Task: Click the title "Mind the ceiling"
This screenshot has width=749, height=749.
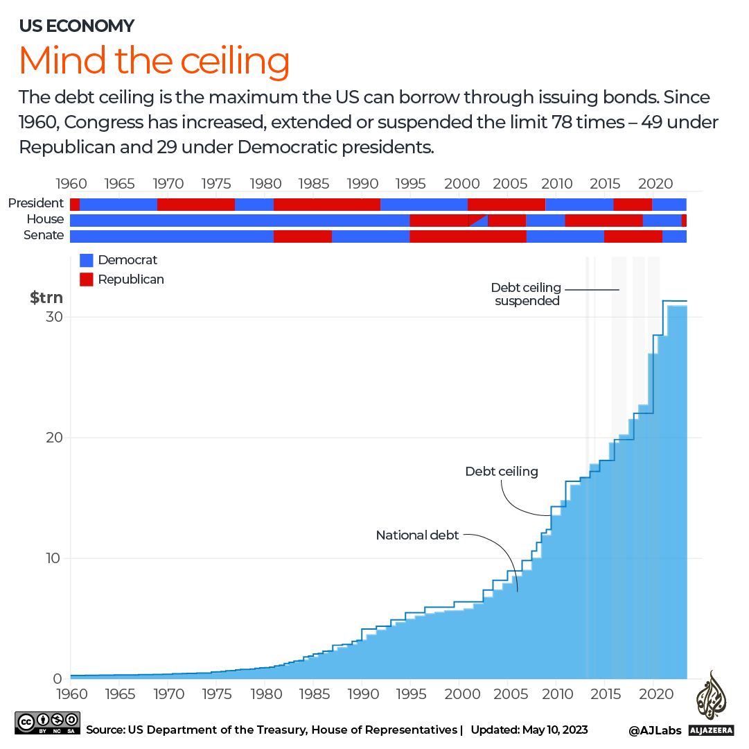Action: (154, 61)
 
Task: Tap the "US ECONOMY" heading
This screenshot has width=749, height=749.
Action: (77, 26)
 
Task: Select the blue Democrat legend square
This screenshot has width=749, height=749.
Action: (87, 261)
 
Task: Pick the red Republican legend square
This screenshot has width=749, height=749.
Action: (87, 279)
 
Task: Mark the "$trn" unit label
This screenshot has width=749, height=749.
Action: (46, 298)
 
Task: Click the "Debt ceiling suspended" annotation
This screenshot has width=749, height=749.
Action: (527, 294)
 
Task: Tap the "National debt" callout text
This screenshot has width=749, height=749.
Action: (417, 535)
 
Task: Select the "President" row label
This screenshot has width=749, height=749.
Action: (36, 203)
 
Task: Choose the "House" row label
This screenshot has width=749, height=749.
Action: (46, 219)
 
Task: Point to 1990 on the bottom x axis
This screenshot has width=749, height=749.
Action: (362, 694)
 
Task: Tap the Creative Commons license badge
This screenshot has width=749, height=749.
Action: (47, 722)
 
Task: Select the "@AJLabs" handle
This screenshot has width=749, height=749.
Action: (655, 730)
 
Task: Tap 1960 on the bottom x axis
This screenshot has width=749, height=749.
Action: (71, 694)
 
